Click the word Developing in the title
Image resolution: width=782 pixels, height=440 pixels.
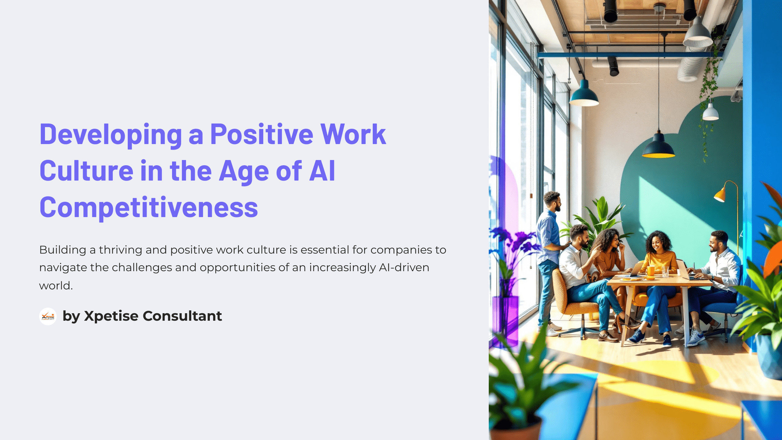click(x=111, y=135)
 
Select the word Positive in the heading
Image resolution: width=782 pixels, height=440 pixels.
click(x=262, y=134)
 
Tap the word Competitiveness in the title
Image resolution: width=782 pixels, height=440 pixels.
click(x=149, y=208)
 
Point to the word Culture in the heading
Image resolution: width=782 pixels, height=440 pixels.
click(x=86, y=171)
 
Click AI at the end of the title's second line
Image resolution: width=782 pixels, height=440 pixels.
click(x=322, y=171)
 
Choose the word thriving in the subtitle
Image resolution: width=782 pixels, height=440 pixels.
click(x=121, y=250)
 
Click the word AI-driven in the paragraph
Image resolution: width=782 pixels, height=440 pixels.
click(x=404, y=268)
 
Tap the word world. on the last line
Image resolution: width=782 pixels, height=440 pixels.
click(x=56, y=286)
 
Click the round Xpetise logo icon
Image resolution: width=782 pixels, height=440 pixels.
click(x=48, y=316)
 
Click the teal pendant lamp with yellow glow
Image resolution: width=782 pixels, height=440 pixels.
click(x=659, y=147)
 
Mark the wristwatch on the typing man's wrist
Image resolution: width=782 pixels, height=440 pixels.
click(x=713, y=278)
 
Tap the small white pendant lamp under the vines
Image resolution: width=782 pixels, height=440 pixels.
click(x=710, y=112)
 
